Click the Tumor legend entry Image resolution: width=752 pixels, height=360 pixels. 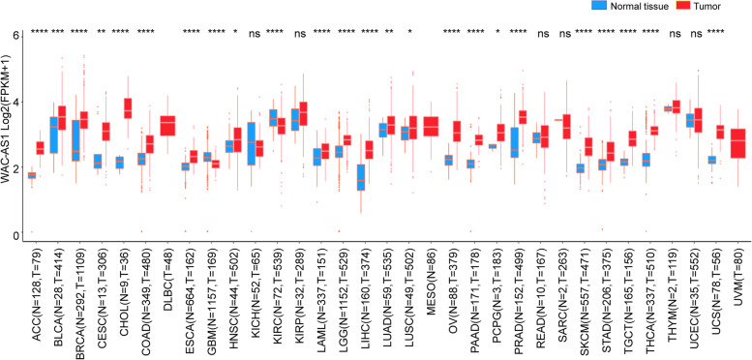click(x=716, y=7)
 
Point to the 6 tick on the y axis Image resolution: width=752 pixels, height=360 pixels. click(x=15, y=36)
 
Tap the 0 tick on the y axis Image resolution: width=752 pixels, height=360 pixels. click(x=15, y=236)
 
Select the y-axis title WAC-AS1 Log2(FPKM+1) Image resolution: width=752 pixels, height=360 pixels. click(x=7, y=135)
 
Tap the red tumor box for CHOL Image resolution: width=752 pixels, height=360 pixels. click(x=128, y=108)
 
